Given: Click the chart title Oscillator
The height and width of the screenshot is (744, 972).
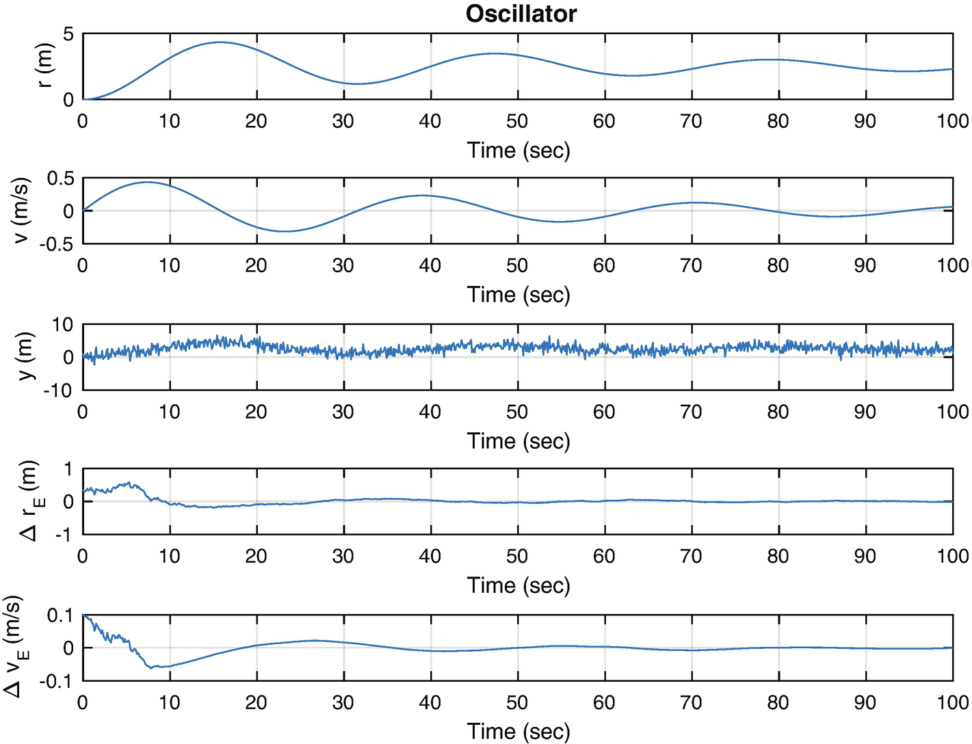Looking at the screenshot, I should coord(521,14).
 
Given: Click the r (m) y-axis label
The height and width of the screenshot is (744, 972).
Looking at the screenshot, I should coord(44,66).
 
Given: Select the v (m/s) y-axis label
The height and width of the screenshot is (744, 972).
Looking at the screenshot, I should coord(22,211).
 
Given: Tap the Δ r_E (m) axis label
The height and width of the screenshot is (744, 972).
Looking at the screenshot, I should coord(31,501).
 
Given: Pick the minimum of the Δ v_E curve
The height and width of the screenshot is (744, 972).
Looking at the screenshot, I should coord(154,667).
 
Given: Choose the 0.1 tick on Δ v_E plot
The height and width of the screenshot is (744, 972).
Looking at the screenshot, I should coord(60,615).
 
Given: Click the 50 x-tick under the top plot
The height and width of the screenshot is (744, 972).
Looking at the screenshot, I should coord(517,122).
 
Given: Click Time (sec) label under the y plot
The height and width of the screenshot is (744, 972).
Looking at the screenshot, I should coord(518,441).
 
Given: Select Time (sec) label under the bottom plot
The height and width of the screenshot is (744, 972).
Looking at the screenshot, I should coord(518,732).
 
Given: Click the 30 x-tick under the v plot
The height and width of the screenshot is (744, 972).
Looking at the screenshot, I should coord(343,266).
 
